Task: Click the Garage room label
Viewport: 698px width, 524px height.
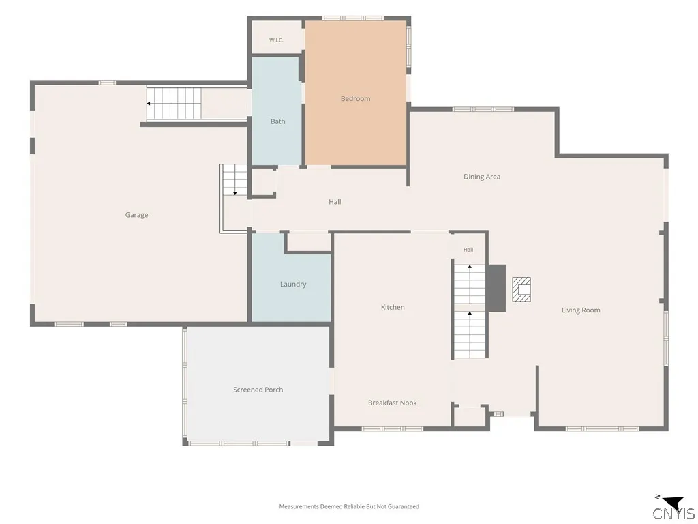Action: pos(136,215)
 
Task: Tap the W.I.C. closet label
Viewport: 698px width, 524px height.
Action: pos(276,40)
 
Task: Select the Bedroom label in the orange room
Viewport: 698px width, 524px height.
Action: pos(355,98)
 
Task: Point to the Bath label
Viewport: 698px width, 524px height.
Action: pos(278,121)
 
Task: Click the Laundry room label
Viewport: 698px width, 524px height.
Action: pos(293,285)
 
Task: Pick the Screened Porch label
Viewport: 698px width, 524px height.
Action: pos(258,390)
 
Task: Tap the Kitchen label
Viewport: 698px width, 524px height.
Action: pos(393,307)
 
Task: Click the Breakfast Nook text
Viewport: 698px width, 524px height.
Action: pos(392,403)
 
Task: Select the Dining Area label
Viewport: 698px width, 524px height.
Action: pos(482,177)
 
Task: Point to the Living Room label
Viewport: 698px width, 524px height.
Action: pos(581,310)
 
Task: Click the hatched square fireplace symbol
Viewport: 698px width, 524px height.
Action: pos(521,289)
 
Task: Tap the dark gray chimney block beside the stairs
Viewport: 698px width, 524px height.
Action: pos(496,289)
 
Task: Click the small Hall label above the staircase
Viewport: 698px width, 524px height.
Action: pos(468,250)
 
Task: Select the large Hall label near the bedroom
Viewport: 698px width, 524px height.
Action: pos(335,202)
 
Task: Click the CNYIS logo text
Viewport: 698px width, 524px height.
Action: pos(673,513)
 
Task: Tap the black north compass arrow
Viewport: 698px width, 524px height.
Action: pos(673,502)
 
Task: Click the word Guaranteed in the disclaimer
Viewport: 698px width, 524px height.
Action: pos(404,507)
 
